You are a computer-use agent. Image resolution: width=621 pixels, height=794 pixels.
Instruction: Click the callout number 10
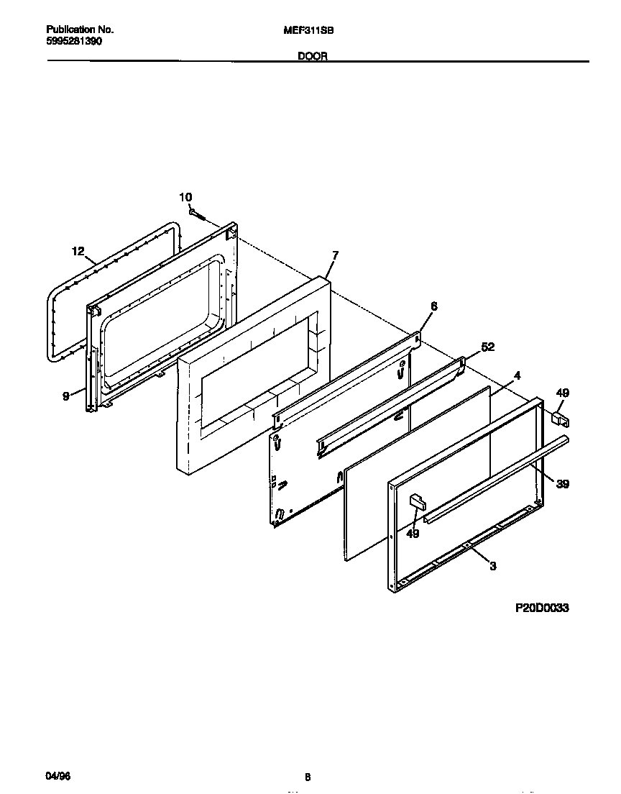(x=185, y=197)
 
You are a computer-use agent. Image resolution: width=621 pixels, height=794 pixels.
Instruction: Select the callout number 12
(x=78, y=251)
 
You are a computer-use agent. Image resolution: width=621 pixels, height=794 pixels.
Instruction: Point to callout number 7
(x=335, y=255)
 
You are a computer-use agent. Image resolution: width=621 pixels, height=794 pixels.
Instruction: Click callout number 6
(x=433, y=306)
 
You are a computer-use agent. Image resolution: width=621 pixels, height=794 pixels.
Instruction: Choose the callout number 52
(x=487, y=347)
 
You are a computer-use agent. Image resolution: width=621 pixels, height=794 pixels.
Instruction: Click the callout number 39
(x=562, y=484)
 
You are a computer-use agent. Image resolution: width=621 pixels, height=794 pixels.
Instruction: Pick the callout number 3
(x=492, y=567)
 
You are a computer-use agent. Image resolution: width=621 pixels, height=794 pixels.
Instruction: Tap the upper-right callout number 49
(x=563, y=392)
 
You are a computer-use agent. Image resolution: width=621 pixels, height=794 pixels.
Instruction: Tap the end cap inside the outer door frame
(x=416, y=502)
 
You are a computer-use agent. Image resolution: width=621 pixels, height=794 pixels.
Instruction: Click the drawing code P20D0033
(x=542, y=608)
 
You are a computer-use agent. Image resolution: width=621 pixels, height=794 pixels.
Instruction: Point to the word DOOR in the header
(x=313, y=56)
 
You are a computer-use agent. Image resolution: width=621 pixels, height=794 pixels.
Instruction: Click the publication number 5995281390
(x=74, y=42)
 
